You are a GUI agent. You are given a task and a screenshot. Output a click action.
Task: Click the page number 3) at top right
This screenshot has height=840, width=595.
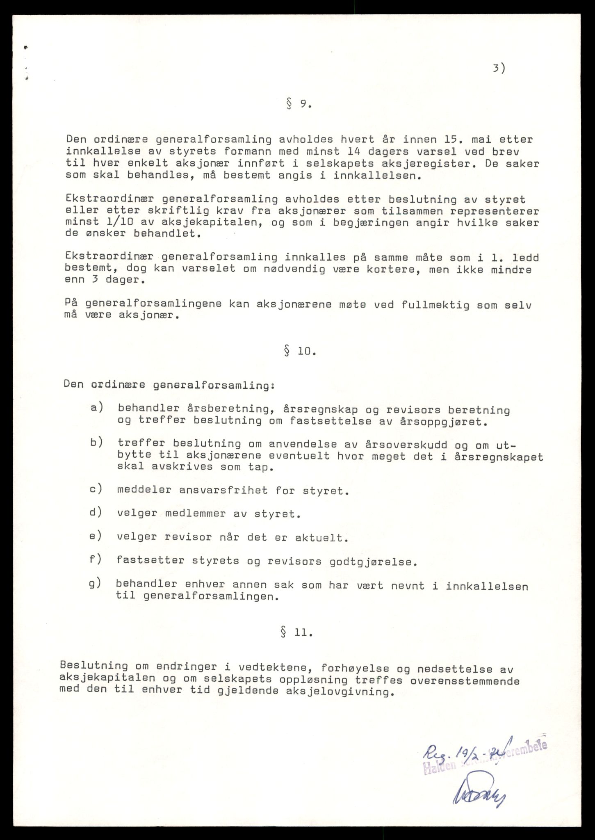(x=499, y=69)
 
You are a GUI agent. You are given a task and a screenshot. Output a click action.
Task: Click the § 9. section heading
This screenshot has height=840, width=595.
(x=299, y=105)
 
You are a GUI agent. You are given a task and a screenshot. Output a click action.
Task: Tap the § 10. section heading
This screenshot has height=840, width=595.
(x=300, y=352)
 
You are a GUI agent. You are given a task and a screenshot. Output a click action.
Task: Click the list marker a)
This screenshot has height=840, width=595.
(x=96, y=407)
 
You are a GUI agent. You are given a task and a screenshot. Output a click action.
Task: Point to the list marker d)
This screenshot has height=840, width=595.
(x=96, y=512)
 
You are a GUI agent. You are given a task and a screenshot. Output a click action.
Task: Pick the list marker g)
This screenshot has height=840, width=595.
(x=95, y=584)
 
